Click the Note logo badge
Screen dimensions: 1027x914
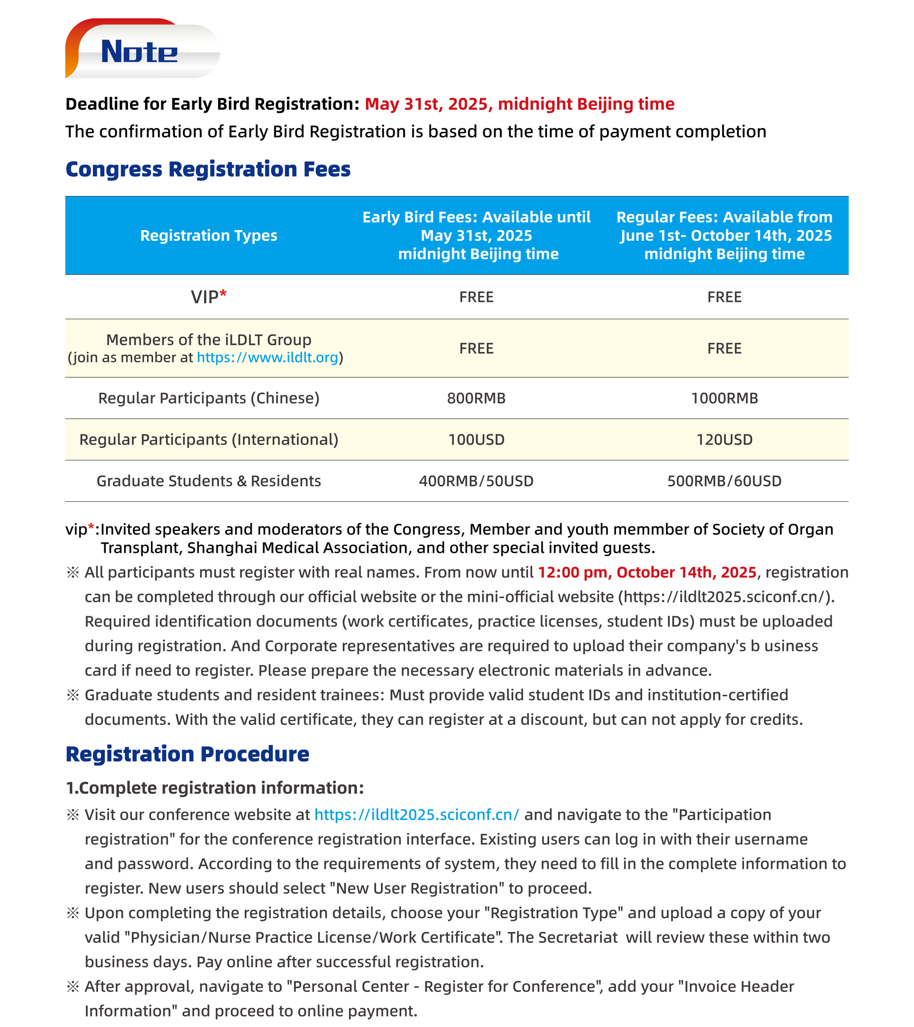pyautogui.click(x=142, y=50)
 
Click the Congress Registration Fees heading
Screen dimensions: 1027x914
pyautogui.click(x=208, y=169)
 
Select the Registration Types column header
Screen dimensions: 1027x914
pyautogui.click(x=209, y=235)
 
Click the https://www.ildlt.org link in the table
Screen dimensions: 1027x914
pyautogui.click(x=267, y=358)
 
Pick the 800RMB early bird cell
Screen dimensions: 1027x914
pyautogui.click(x=476, y=399)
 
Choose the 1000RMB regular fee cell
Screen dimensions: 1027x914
pyautogui.click(x=724, y=399)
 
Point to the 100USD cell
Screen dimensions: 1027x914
pyautogui.click(x=476, y=440)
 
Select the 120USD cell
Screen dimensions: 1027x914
pyautogui.click(x=724, y=440)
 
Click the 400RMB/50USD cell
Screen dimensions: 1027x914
pyautogui.click(x=476, y=481)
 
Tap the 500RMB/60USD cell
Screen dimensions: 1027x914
pyautogui.click(x=724, y=481)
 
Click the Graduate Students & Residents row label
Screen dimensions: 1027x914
pyautogui.click(x=209, y=481)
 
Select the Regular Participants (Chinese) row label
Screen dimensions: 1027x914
pyautogui.click(x=209, y=399)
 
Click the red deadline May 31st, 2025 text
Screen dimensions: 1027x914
pyautogui.click(x=519, y=104)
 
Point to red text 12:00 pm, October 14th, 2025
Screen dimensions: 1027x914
pyautogui.click(x=647, y=573)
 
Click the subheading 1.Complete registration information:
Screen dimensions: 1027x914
pyautogui.click(x=215, y=788)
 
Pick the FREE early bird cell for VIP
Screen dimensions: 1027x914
pyautogui.click(x=476, y=297)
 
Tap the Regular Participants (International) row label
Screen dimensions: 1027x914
pyautogui.click(x=209, y=440)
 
